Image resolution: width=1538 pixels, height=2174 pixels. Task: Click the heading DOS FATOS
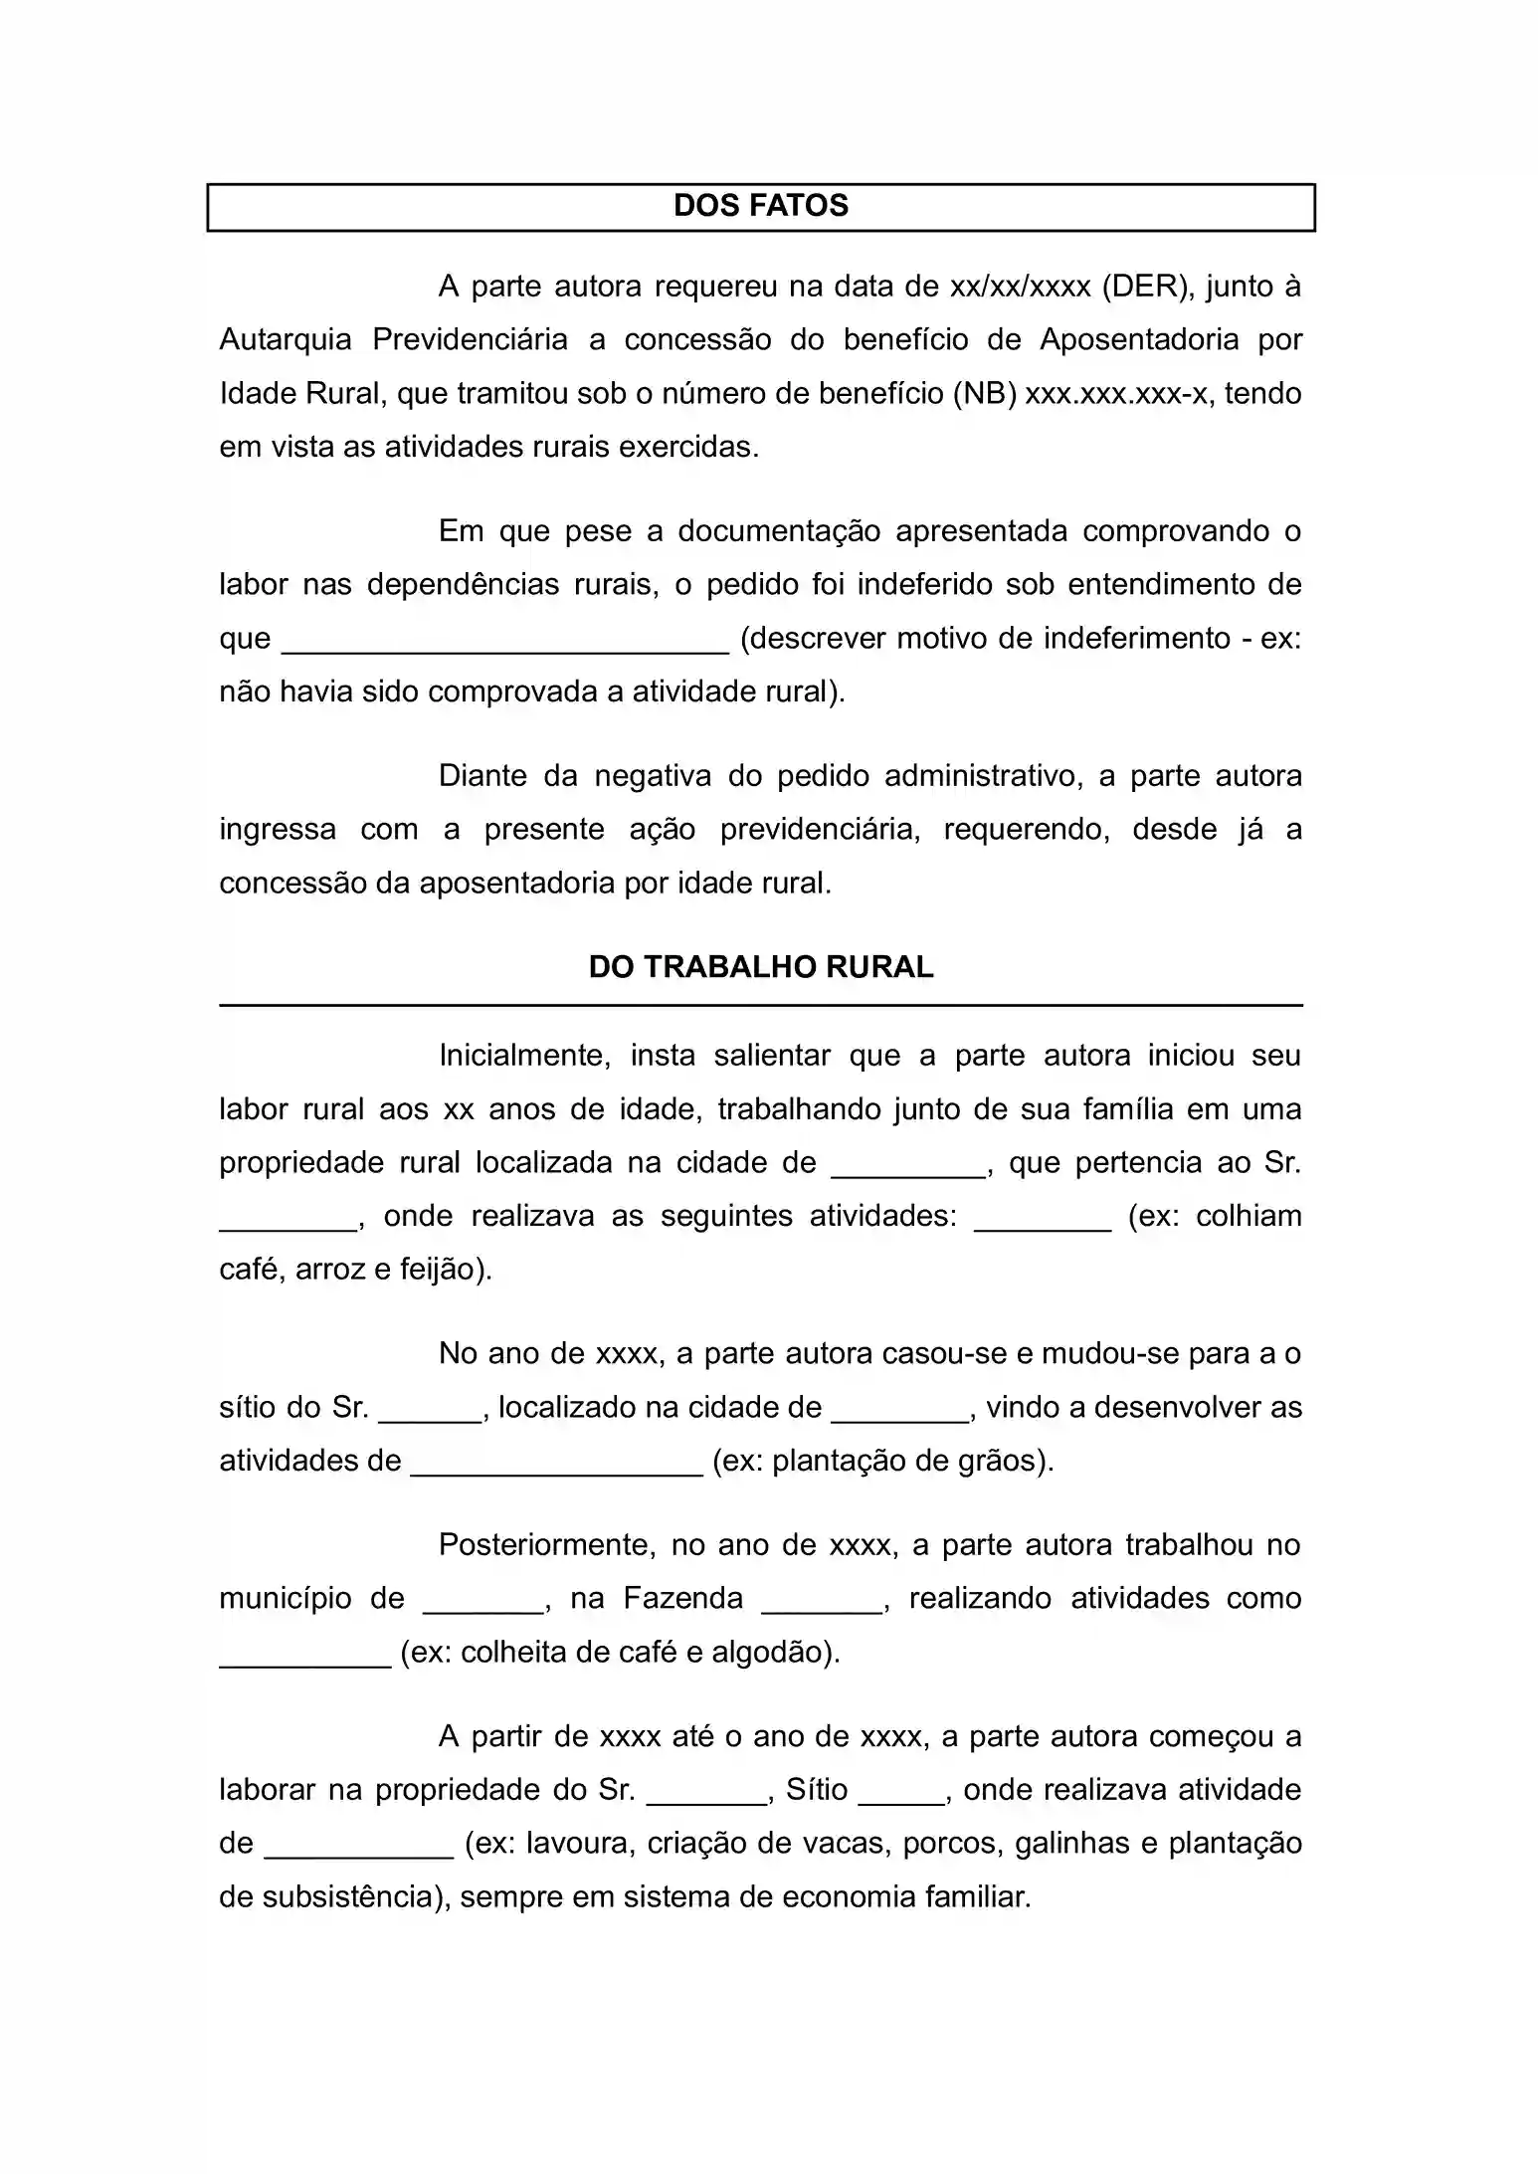pyautogui.click(x=760, y=206)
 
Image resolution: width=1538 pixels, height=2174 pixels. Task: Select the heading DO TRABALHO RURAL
pyautogui.click(x=760, y=967)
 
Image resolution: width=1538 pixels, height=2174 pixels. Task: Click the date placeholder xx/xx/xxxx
pyautogui.click(x=1021, y=287)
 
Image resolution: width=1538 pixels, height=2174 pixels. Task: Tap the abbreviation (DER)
pyautogui.click(x=1146, y=287)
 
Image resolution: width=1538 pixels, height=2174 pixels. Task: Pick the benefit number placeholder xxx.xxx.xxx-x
pyautogui.click(x=1116, y=394)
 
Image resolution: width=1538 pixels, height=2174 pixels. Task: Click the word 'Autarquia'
pyautogui.click(x=286, y=340)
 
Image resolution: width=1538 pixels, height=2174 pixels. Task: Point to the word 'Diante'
pyautogui.click(x=482, y=776)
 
